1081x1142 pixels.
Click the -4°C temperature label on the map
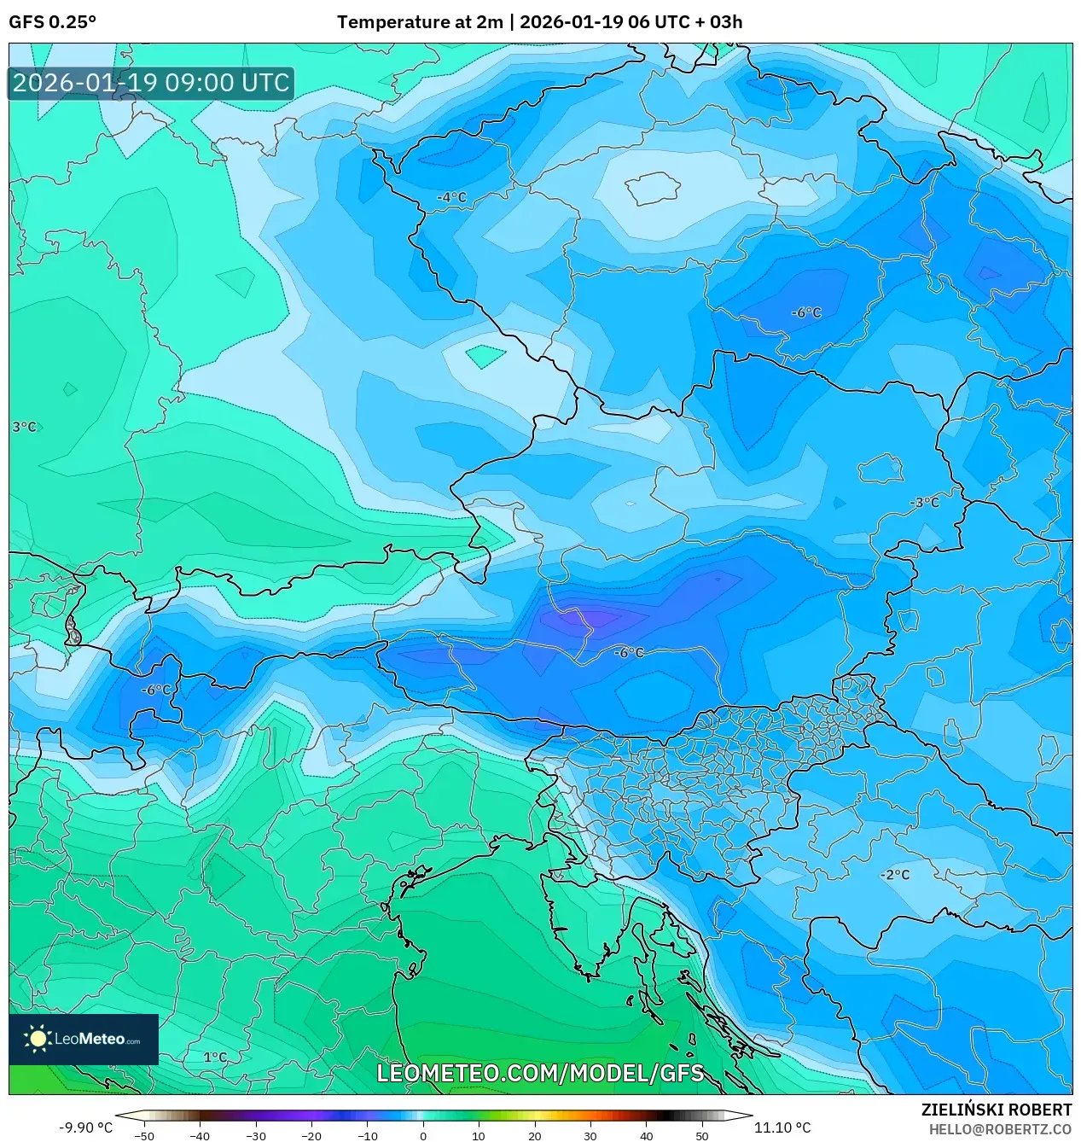click(452, 197)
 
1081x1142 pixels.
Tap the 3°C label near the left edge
click(24, 427)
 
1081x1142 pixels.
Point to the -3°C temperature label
click(924, 503)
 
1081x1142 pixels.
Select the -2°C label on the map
click(895, 875)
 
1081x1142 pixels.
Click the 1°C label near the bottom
click(215, 1058)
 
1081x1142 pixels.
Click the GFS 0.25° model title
click(53, 22)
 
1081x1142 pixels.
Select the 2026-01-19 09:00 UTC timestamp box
click(151, 83)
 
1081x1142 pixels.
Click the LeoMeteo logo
click(84, 1039)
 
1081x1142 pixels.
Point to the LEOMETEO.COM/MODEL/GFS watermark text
click(540, 1073)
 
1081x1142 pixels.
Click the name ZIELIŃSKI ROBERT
click(996, 1110)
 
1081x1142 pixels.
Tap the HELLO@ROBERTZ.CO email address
click(1000, 1129)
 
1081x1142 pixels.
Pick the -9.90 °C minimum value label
click(85, 1127)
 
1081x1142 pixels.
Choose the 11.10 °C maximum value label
click(782, 1127)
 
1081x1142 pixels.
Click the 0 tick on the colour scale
click(423, 1135)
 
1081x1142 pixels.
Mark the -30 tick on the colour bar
click(256, 1135)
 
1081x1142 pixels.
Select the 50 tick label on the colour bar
click(701, 1135)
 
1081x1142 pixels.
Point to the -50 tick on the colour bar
click(144, 1135)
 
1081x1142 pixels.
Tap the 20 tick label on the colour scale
click(534, 1135)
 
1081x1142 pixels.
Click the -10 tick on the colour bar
click(367, 1135)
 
